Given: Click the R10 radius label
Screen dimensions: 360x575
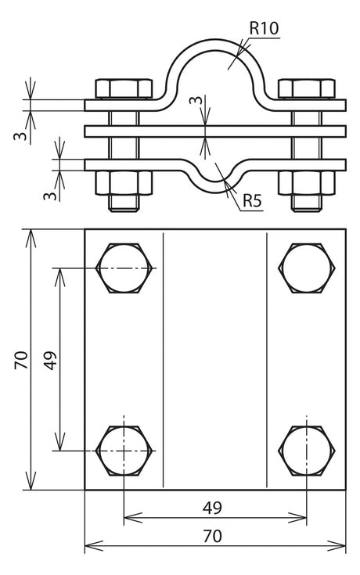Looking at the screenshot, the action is pyautogui.click(x=265, y=28).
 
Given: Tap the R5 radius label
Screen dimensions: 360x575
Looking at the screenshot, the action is pyautogui.click(x=252, y=200).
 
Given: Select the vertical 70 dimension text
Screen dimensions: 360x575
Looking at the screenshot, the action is pyautogui.click(x=21, y=360).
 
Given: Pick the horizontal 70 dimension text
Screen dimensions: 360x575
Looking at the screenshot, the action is pyautogui.click(x=212, y=536).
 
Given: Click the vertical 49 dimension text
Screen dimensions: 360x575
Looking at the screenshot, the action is pyautogui.click(x=50, y=360).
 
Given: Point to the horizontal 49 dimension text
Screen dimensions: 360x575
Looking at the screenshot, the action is pyautogui.click(x=212, y=508).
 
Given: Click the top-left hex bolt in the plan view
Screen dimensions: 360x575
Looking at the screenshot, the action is pyautogui.click(x=124, y=268).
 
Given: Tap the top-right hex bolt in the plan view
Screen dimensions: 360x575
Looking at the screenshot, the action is pyautogui.click(x=307, y=268).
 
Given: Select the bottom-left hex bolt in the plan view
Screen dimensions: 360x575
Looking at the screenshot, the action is pyautogui.click(x=124, y=451).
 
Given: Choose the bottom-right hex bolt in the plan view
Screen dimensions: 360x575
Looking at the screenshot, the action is pyautogui.click(x=307, y=451).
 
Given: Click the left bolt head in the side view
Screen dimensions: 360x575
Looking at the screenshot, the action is pyautogui.click(x=124, y=88).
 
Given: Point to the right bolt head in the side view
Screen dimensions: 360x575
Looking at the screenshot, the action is pyautogui.click(x=307, y=88).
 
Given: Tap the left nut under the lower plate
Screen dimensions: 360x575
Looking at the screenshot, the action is pyautogui.click(x=124, y=182).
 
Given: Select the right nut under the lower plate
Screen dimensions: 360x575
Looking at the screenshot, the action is pyautogui.click(x=307, y=182).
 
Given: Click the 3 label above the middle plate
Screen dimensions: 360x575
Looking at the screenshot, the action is pyautogui.click(x=196, y=100).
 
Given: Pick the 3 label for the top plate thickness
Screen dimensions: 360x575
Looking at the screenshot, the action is pyautogui.click(x=20, y=136).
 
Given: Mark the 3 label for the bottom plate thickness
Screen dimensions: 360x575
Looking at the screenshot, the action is pyautogui.click(x=50, y=196).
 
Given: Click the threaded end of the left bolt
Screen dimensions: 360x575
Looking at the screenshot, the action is pyautogui.click(x=124, y=203).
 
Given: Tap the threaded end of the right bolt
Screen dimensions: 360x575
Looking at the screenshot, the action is pyautogui.click(x=307, y=203).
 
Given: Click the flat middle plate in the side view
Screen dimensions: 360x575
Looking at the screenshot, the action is pyautogui.click(x=215, y=131).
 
